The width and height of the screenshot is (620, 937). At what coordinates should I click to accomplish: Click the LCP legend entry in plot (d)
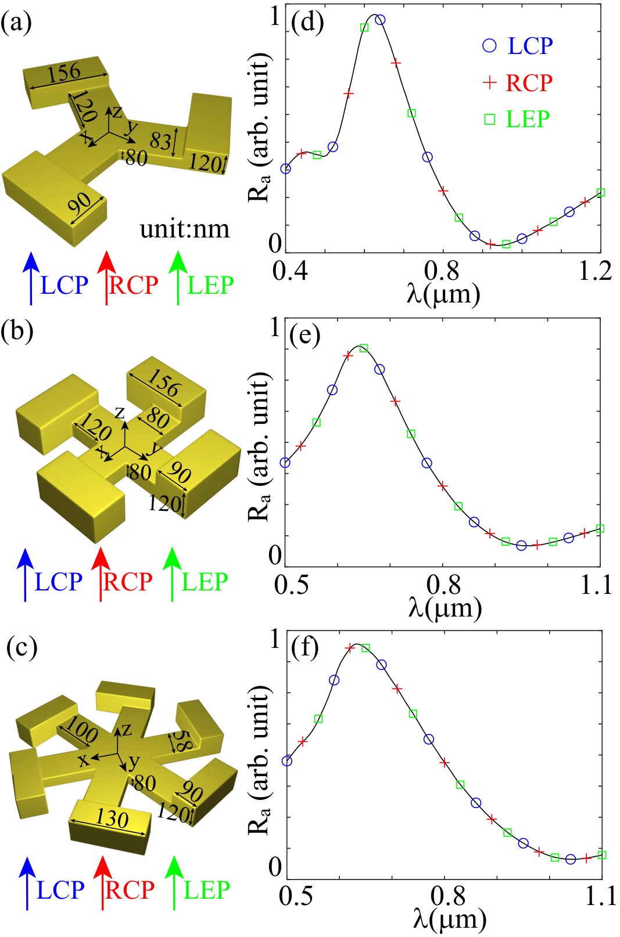[x=518, y=45]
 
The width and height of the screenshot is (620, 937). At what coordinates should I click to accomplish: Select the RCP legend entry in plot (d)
[x=518, y=82]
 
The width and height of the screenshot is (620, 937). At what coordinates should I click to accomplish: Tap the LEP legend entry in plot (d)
[x=517, y=119]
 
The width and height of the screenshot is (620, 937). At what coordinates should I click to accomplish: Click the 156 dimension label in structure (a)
[x=64, y=73]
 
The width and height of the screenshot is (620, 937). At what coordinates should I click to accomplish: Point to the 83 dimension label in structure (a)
[x=160, y=141]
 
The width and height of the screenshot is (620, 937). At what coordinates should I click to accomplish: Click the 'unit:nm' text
[x=185, y=229]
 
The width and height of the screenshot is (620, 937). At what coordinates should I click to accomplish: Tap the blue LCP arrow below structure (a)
[x=31, y=278]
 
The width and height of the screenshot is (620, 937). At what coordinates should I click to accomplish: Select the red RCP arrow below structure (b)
[x=101, y=574]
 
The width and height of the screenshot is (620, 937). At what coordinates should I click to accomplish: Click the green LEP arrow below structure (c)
[x=174, y=882]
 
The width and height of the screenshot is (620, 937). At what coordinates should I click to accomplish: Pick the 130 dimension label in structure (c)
[x=112, y=818]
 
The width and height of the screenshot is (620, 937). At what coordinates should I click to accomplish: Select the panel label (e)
[x=305, y=334]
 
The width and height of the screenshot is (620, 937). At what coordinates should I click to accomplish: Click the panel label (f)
[x=304, y=648]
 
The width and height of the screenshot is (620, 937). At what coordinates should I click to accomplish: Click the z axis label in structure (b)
[x=120, y=412]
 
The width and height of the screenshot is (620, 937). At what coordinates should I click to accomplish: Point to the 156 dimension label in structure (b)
[x=163, y=383]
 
